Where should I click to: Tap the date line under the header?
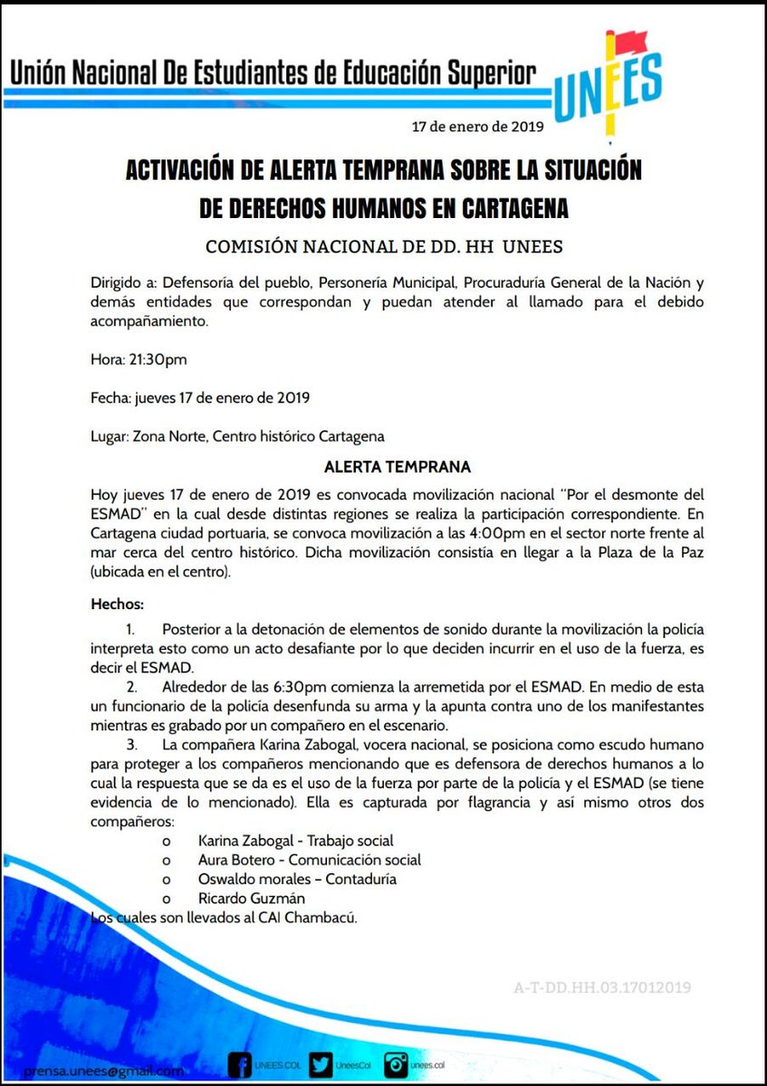click(x=477, y=127)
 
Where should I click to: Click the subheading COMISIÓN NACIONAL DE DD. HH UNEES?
click(x=383, y=246)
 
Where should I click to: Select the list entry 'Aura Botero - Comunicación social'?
click(x=309, y=860)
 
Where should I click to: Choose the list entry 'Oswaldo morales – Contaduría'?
click(x=297, y=879)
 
